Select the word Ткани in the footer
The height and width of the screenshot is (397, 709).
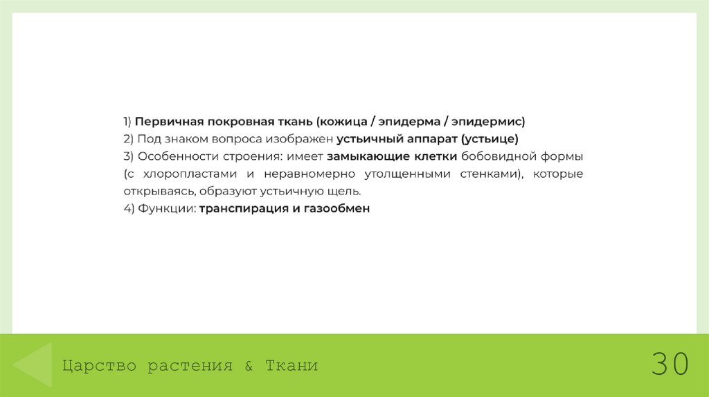pos(291,365)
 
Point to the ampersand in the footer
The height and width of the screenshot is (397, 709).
pos(249,365)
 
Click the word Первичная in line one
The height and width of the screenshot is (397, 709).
pos(165,122)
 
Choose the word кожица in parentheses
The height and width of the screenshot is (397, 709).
pos(342,122)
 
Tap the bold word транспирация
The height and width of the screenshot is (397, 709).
pos(242,208)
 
